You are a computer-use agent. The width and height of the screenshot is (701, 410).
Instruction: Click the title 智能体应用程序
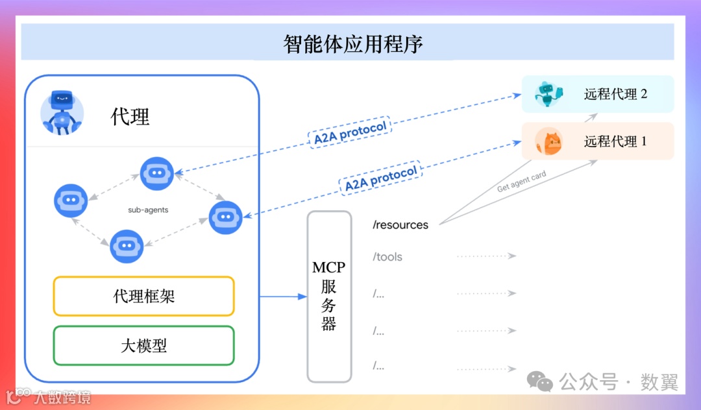(x=353, y=43)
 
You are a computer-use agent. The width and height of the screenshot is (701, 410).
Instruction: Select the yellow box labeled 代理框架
(x=143, y=296)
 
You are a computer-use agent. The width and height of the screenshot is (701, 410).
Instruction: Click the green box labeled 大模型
(x=143, y=345)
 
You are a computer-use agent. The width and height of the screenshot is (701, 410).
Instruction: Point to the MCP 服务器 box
(x=329, y=296)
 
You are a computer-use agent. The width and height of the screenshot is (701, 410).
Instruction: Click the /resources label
(x=400, y=225)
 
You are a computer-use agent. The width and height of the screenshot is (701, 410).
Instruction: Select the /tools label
(x=387, y=257)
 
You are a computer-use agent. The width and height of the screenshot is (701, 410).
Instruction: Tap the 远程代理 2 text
(x=615, y=94)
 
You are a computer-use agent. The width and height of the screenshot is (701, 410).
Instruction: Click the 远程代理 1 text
(x=615, y=141)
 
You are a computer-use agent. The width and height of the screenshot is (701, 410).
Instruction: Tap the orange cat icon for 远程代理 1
(x=548, y=141)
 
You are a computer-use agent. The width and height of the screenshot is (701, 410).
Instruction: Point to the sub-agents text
(x=149, y=210)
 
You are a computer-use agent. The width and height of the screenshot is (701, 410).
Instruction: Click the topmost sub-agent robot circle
(x=157, y=173)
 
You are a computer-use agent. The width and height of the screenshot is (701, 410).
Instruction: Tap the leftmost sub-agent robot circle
(x=70, y=200)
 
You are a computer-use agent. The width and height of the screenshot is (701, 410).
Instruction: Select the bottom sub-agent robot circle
(x=127, y=247)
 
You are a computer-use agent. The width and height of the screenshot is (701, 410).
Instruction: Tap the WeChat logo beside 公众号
(x=540, y=381)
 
